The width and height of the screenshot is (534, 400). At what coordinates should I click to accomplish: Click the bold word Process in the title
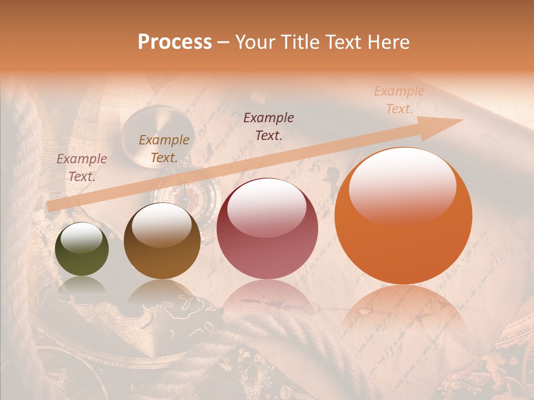pos(175,42)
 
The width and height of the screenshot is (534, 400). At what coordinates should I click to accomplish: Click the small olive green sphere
pos(82,249)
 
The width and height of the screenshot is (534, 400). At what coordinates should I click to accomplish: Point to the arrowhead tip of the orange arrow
pos(463,119)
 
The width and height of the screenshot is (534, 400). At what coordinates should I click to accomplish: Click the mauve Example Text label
pos(82,167)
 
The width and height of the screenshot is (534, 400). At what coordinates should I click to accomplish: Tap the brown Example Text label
pos(164,149)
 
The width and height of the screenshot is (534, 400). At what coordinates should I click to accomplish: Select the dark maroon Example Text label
pos(269,126)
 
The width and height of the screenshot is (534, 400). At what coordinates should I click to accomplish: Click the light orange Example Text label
pos(399,100)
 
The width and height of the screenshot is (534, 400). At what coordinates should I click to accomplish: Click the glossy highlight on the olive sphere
pos(82,238)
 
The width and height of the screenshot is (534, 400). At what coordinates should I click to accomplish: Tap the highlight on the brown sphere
pos(162,223)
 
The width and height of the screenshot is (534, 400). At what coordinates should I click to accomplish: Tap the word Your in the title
pos(253,42)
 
